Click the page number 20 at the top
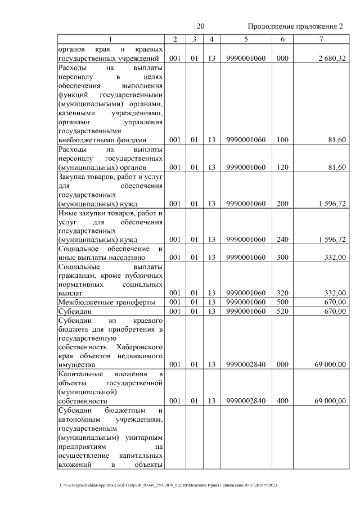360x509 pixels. (201, 26)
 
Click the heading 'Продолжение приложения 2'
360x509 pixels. (295, 26)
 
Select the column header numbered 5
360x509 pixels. (246, 39)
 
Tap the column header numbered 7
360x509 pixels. (321, 39)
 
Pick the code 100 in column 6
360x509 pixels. (282, 140)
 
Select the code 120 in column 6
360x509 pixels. (282, 167)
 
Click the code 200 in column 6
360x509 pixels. (282, 204)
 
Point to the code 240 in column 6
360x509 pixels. (282, 240)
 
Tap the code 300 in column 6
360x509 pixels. (282, 258)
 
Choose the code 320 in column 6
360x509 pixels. (282, 293)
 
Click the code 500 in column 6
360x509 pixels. (282, 302)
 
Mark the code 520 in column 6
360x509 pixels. (282, 311)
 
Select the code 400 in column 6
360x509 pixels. (282, 401)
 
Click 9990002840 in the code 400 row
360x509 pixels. (246, 401)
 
